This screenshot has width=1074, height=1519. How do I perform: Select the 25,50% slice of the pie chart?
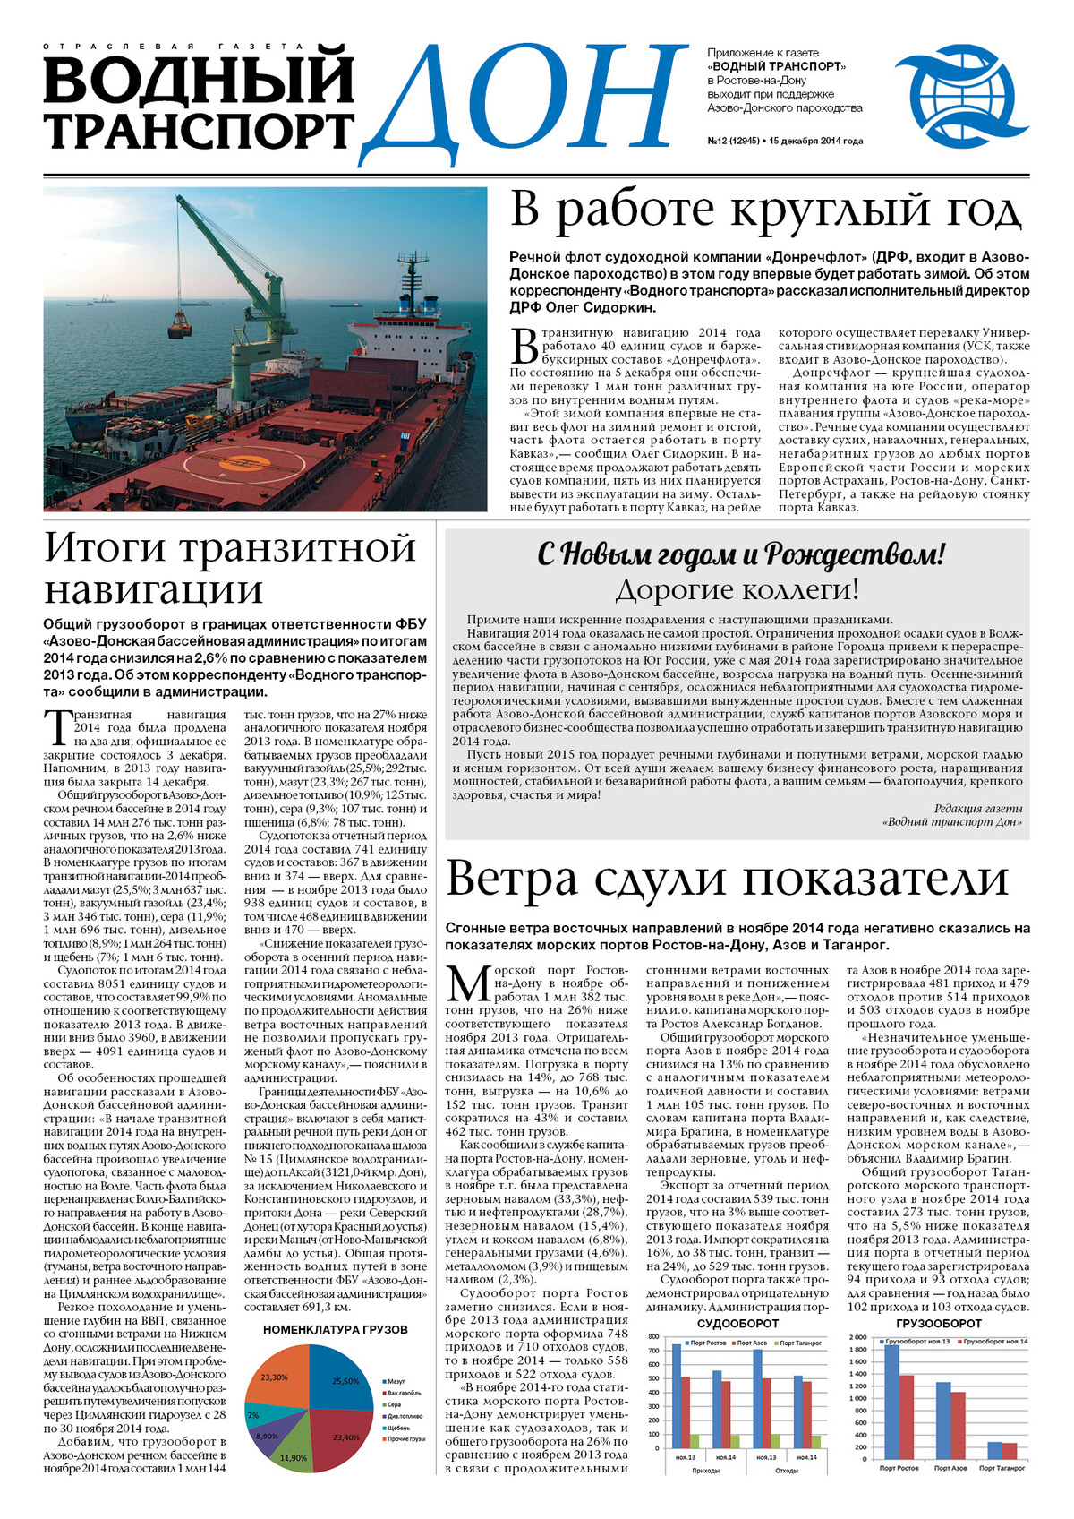pos(344,1383)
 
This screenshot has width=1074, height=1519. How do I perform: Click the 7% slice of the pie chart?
pos(253,1415)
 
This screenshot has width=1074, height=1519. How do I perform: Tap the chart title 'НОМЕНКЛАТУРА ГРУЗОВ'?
pos(336,1330)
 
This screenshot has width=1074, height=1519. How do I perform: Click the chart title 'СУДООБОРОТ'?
pos(737,1323)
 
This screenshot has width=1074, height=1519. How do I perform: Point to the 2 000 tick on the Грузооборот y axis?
pos(858,1337)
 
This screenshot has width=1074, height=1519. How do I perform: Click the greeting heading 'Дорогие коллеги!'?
pos(737,589)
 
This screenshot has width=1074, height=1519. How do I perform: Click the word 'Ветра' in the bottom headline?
pos(511,880)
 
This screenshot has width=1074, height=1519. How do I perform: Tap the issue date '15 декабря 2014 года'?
pos(815,141)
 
